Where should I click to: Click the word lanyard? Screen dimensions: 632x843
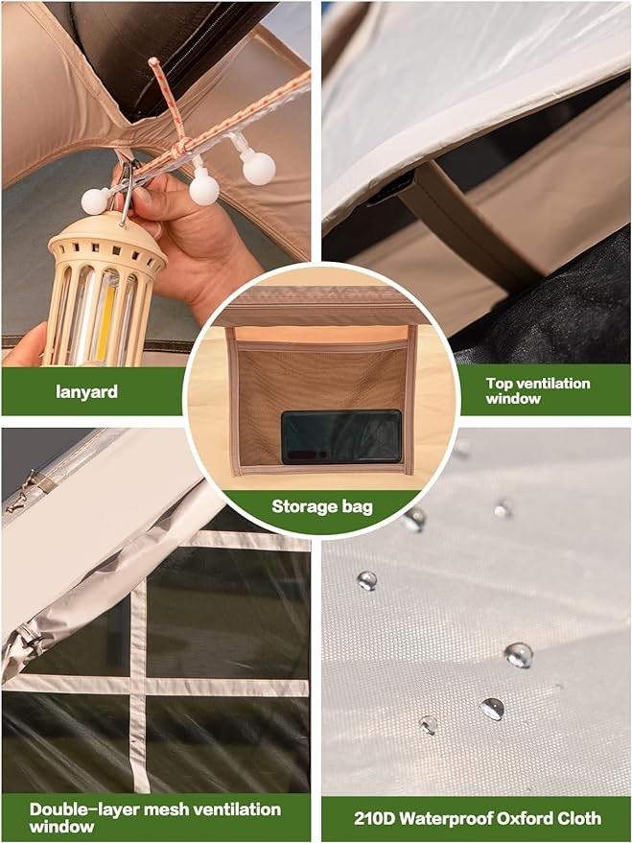point(86,391)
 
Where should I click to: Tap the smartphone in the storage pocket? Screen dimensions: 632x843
point(341,436)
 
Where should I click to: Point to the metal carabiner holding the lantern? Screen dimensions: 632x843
point(127,191)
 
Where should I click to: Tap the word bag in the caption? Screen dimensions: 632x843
point(357,506)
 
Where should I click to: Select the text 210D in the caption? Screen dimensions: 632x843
point(375,818)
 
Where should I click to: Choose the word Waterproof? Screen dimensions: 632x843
point(446,819)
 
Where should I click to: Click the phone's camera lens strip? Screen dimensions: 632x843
point(306,455)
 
